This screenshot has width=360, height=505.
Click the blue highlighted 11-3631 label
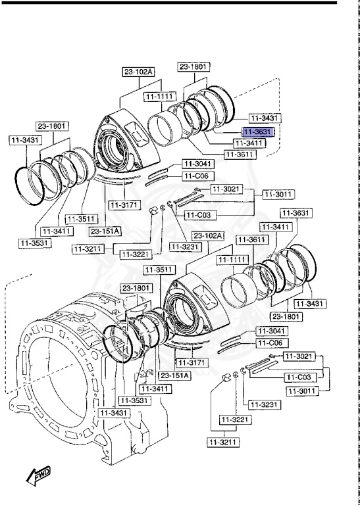(259, 132)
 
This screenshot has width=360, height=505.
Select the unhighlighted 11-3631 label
(296, 213)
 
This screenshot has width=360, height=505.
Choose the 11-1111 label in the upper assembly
(159, 96)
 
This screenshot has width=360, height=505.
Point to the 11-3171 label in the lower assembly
(192, 363)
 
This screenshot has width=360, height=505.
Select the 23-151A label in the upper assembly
(105, 231)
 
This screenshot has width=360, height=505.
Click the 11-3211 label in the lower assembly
(222, 442)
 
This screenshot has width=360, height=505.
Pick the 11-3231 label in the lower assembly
(263, 404)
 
